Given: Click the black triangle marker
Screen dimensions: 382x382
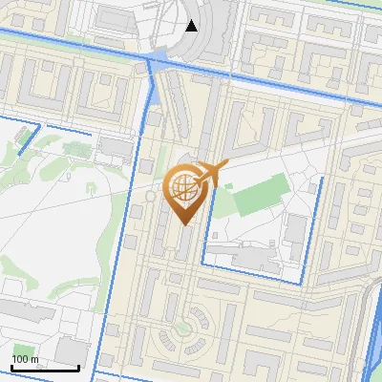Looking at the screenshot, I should [192, 26].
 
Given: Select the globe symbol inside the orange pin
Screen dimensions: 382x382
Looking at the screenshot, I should [185, 188].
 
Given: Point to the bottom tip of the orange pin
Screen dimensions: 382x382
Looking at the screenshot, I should [185, 224].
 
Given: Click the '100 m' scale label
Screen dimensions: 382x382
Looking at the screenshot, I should [25, 358].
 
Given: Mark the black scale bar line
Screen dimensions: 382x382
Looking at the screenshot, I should [45, 367].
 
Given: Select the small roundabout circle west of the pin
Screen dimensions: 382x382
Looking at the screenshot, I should [150, 195].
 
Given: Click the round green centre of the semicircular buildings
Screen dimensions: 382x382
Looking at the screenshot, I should [180, 329].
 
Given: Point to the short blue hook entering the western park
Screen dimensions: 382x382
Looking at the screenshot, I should [27, 139].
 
